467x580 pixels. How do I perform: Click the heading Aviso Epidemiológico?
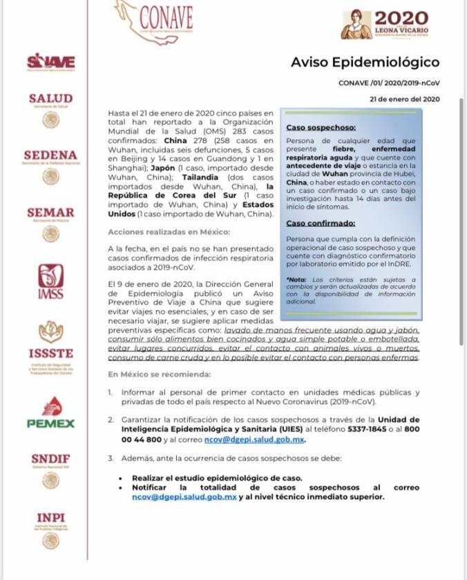pos(365,63)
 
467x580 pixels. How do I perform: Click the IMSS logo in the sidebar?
pos(50,283)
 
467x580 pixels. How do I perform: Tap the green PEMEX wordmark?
pos(50,423)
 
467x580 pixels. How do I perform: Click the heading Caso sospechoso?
pos(321,128)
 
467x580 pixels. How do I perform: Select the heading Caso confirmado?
pos(321,223)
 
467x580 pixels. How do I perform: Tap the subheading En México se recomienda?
pos(160,374)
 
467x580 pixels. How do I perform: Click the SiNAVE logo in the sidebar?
pos(50,62)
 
